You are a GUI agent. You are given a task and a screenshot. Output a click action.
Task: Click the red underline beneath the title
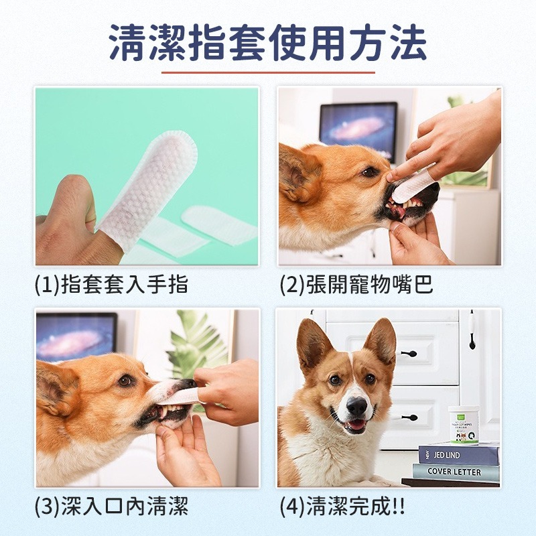coord(268,72)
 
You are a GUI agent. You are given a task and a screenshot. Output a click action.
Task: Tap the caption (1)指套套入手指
coord(111,285)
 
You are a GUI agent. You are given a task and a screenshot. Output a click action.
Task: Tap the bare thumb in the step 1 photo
coord(70,201)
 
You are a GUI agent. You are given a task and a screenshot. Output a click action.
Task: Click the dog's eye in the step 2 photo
coord(369,172)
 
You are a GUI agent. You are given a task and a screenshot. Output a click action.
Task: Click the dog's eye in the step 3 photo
coord(125,380)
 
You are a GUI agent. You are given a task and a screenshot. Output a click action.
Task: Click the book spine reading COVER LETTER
coord(456,472)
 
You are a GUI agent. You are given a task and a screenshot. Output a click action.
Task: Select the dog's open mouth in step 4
coord(354,424)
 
